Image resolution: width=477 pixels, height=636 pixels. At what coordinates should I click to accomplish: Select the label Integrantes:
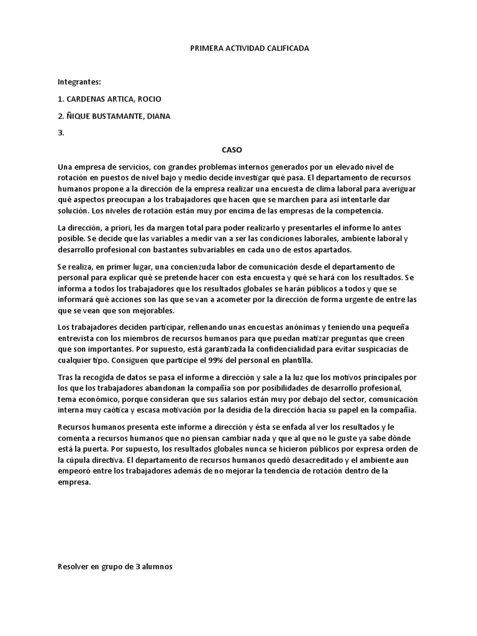pos(79,81)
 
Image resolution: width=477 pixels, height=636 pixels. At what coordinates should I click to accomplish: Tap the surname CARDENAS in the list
pos(89,99)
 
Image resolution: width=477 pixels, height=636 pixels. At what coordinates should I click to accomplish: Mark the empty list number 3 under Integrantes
pos(61,132)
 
